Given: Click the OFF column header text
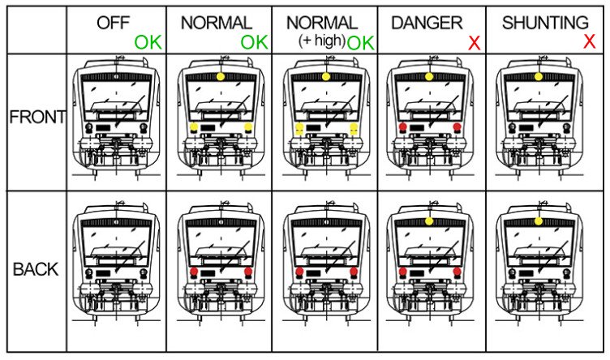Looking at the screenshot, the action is [113, 23].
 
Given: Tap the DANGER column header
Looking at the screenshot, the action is [427, 23].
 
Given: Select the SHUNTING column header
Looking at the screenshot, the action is [545, 23].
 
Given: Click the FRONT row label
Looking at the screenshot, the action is [37, 117].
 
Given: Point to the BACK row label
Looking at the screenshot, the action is [36, 269].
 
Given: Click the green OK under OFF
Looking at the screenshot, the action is [148, 42].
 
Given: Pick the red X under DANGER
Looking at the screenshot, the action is [475, 43].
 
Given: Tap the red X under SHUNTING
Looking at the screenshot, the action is [590, 41].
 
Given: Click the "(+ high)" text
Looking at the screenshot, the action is [322, 41].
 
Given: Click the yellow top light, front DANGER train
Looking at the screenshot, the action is [429, 76].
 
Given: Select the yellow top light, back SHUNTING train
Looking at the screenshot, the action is [539, 221].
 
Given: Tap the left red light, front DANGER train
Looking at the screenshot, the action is [403, 126].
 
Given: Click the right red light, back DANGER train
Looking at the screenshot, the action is [457, 272].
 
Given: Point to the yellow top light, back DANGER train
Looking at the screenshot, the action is [429, 221].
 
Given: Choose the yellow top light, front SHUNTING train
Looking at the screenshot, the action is [539, 76].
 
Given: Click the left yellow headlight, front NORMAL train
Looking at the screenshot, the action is [194, 127].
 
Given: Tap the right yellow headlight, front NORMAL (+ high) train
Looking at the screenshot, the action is [354, 129].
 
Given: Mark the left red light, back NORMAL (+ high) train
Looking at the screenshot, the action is [299, 272].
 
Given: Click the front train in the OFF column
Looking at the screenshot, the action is [117, 118].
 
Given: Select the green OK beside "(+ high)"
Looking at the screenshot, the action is [360, 43].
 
